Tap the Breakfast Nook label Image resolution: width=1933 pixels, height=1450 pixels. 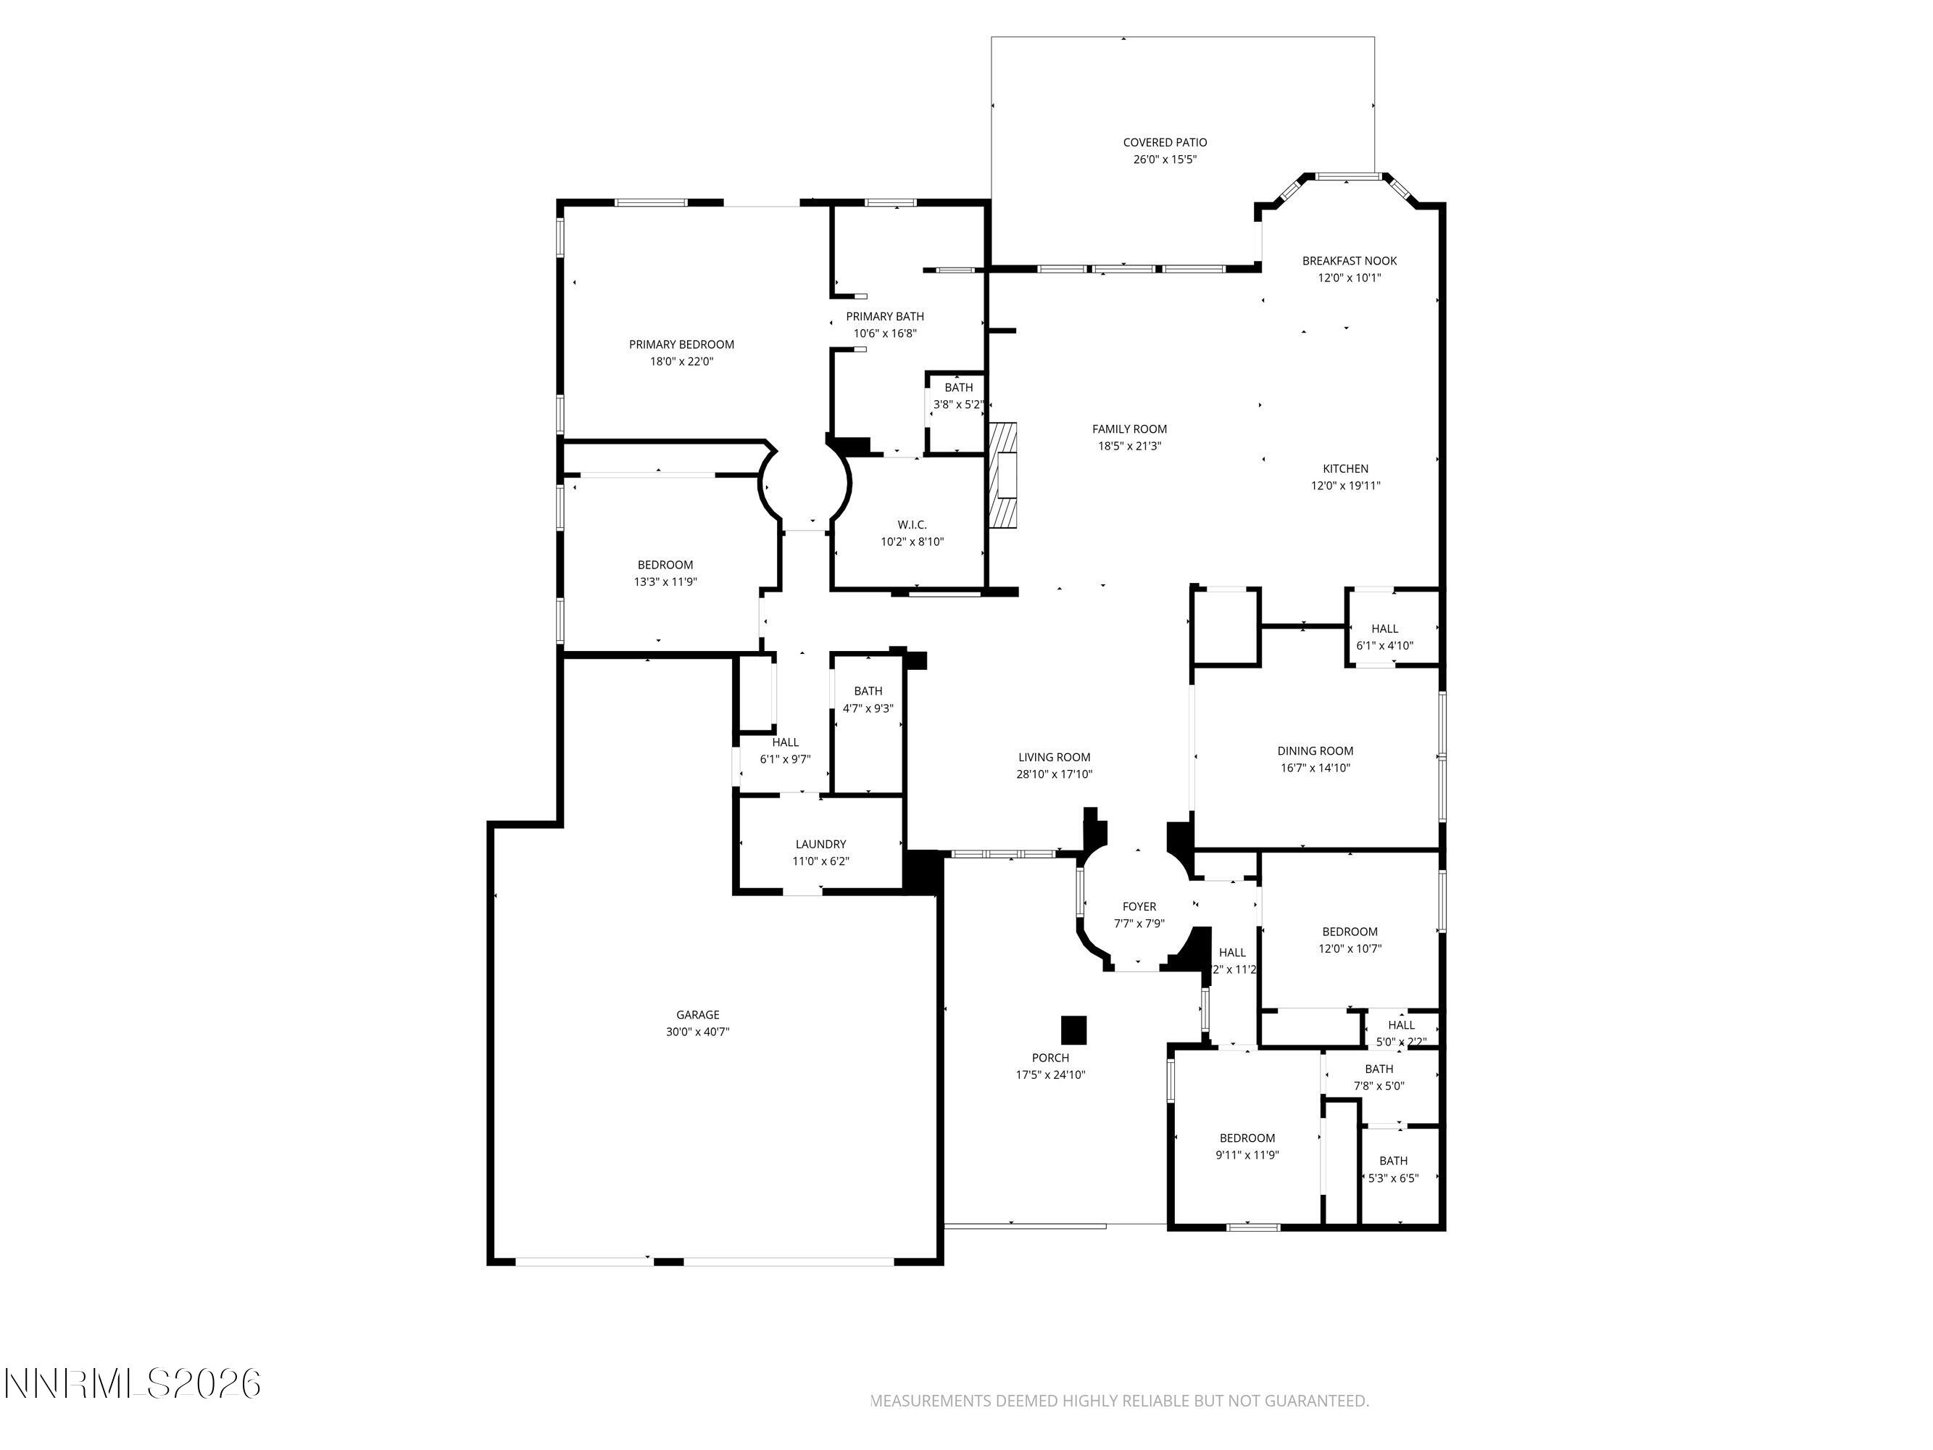pyautogui.click(x=1350, y=260)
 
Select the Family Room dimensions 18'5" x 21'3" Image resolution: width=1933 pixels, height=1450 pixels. pyautogui.click(x=1129, y=446)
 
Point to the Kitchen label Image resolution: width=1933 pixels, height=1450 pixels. pyautogui.click(x=1345, y=468)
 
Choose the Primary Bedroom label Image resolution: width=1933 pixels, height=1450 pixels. pyautogui.click(x=681, y=344)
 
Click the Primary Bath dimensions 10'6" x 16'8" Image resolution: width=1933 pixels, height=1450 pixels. pyautogui.click(x=884, y=333)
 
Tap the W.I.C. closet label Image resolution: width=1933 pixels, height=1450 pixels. pyautogui.click(x=912, y=524)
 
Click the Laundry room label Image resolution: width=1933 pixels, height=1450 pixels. pyautogui.click(x=820, y=845)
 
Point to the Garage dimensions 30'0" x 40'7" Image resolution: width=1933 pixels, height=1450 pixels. pyautogui.click(x=697, y=1032)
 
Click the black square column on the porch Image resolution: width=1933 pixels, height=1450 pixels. pyautogui.click(x=1073, y=1029)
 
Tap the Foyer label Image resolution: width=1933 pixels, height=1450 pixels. pyautogui.click(x=1139, y=906)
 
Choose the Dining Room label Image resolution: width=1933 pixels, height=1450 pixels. pyautogui.click(x=1315, y=751)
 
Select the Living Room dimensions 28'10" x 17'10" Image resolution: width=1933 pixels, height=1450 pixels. pyautogui.click(x=1054, y=774)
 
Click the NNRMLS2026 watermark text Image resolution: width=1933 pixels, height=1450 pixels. pyautogui.click(x=133, y=1383)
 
